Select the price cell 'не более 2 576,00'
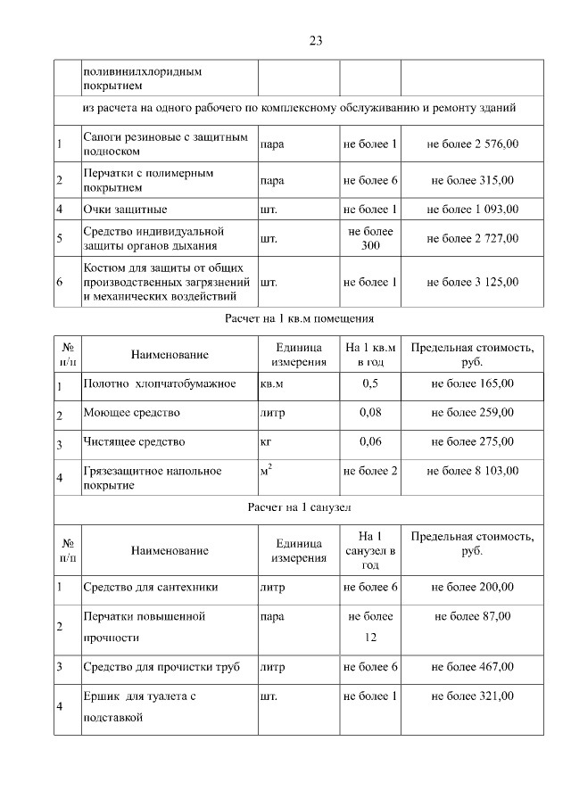(x=472, y=144)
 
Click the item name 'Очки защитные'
(x=125, y=210)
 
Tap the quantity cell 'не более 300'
(x=370, y=238)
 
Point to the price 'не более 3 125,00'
(x=472, y=282)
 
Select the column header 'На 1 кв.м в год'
(x=370, y=355)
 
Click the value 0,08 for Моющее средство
(x=370, y=412)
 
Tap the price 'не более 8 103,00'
(x=472, y=470)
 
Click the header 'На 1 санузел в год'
(x=370, y=550)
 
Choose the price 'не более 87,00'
(x=472, y=616)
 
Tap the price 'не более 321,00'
(x=472, y=696)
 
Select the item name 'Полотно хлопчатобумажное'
(x=158, y=383)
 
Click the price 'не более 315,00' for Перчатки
(x=472, y=180)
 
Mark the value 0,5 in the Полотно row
(x=370, y=383)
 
